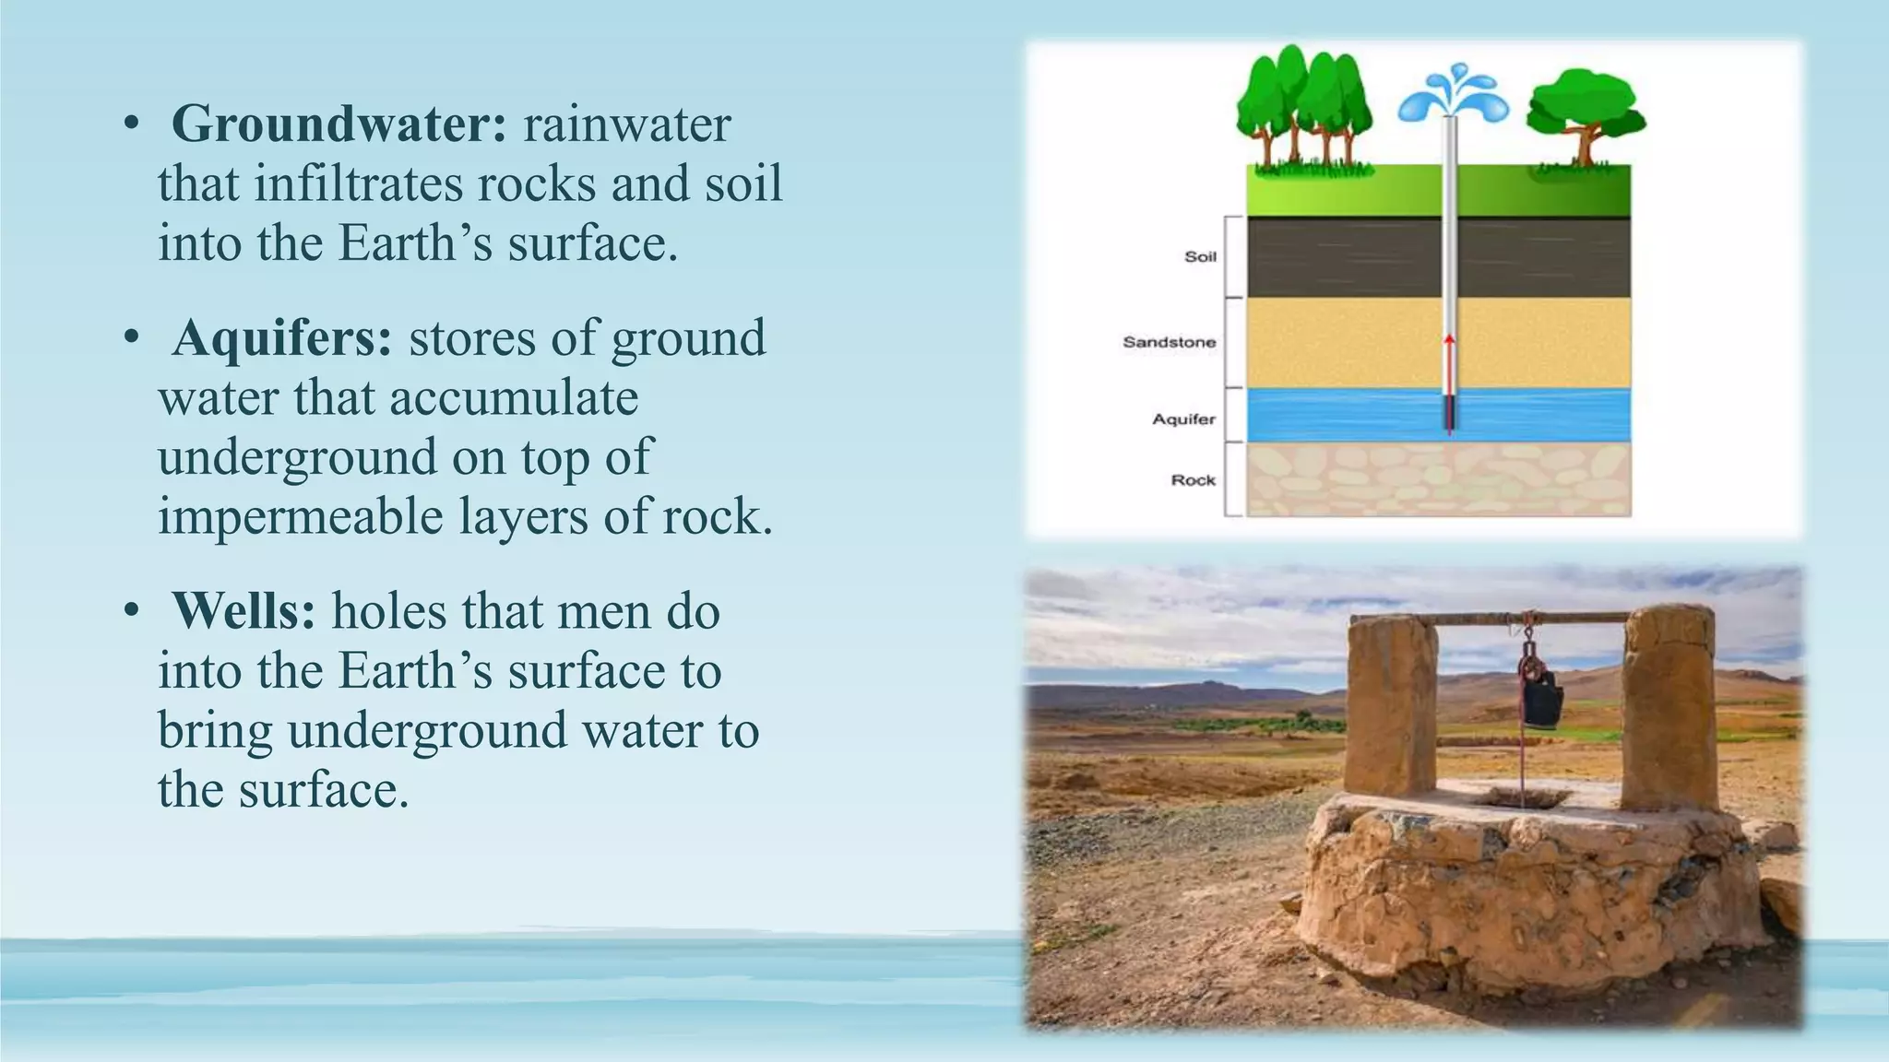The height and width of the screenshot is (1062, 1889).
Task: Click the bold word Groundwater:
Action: (339, 124)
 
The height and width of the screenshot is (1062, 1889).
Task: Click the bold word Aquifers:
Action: (282, 338)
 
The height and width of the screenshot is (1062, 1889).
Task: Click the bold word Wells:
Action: (244, 611)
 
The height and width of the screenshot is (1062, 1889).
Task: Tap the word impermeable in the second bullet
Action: (301, 516)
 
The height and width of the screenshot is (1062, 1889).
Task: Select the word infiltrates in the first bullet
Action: (362, 183)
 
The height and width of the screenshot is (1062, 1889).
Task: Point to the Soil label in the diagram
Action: (1200, 256)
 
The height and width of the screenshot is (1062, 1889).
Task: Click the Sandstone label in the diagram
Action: (1169, 342)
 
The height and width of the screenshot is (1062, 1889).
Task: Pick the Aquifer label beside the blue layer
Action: (1183, 419)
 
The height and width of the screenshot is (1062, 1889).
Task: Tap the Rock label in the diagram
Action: (1193, 480)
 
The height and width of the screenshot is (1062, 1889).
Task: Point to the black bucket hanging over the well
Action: (1542, 698)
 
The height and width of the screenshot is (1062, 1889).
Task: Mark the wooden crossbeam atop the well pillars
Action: (1531, 619)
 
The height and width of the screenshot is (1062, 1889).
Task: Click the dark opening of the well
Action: (1522, 796)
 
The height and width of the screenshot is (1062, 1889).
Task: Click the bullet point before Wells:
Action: (132, 611)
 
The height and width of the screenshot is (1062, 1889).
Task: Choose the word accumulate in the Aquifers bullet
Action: (514, 398)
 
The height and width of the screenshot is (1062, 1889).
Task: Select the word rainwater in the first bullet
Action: (626, 124)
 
